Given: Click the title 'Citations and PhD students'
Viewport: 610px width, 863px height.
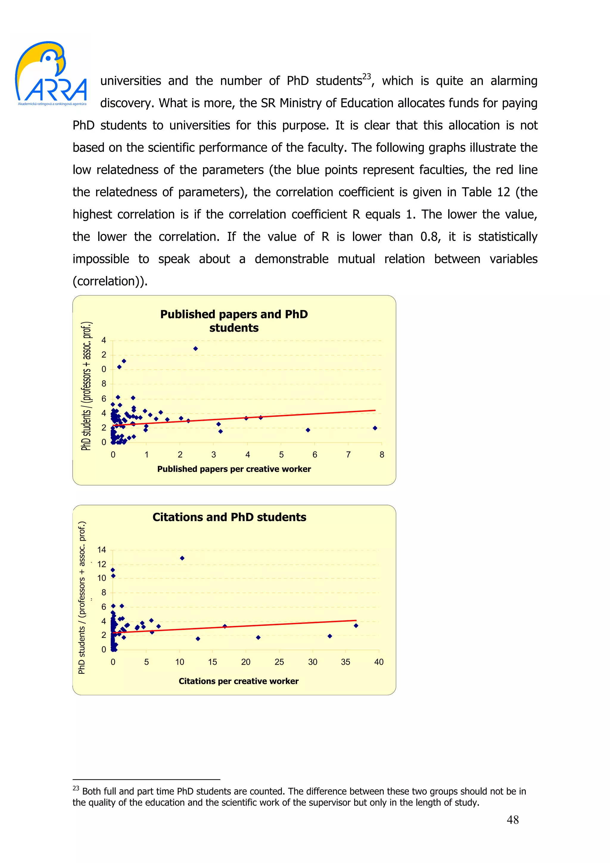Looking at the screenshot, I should (x=229, y=517).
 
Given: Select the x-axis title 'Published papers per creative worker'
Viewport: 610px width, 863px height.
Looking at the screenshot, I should (x=234, y=469).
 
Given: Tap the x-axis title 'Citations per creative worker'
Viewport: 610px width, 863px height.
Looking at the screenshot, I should (x=238, y=681).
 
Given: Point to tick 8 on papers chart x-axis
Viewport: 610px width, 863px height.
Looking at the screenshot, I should (x=382, y=455).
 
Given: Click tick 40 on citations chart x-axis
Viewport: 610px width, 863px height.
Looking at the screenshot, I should (x=379, y=662).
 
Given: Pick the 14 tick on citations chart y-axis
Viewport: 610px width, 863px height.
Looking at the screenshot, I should (x=102, y=550).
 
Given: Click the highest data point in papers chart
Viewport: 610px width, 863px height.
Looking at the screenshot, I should (x=195, y=348).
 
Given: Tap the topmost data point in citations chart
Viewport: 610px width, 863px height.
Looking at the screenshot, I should (x=182, y=558).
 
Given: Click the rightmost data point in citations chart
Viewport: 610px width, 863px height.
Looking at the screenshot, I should (x=356, y=626).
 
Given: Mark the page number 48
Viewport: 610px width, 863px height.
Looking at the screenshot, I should (x=512, y=820).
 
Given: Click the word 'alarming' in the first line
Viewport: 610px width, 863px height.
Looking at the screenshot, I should (x=513, y=81).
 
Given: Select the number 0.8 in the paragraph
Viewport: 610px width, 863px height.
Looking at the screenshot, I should (x=429, y=237).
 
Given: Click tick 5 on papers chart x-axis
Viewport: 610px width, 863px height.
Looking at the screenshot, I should (x=281, y=455).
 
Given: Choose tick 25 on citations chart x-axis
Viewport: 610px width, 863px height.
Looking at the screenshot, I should (x=279, y=662).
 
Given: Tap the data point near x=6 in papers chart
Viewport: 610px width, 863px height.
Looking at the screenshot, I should (x=308, y=430).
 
